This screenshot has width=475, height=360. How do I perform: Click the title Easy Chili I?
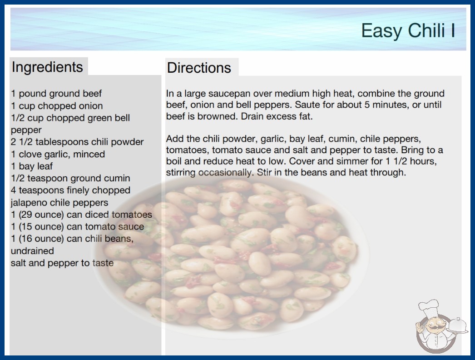[408, 30]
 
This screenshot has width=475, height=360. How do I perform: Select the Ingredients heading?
[47, 67]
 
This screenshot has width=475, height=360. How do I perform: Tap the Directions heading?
[199, 68]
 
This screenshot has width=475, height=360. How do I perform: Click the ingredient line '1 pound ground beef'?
[56, 94]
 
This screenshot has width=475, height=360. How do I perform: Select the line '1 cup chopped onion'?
[57, 106]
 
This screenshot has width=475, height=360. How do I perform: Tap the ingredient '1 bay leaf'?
[32, 166]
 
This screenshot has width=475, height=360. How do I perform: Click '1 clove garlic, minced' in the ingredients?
[58, 154]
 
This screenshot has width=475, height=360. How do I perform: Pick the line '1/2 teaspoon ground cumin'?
[70, 178]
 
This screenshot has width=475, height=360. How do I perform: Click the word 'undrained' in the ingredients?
[32, 251]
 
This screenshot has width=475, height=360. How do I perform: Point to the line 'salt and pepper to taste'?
[62, 263]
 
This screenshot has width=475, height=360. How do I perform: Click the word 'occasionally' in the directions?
[225, 173]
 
